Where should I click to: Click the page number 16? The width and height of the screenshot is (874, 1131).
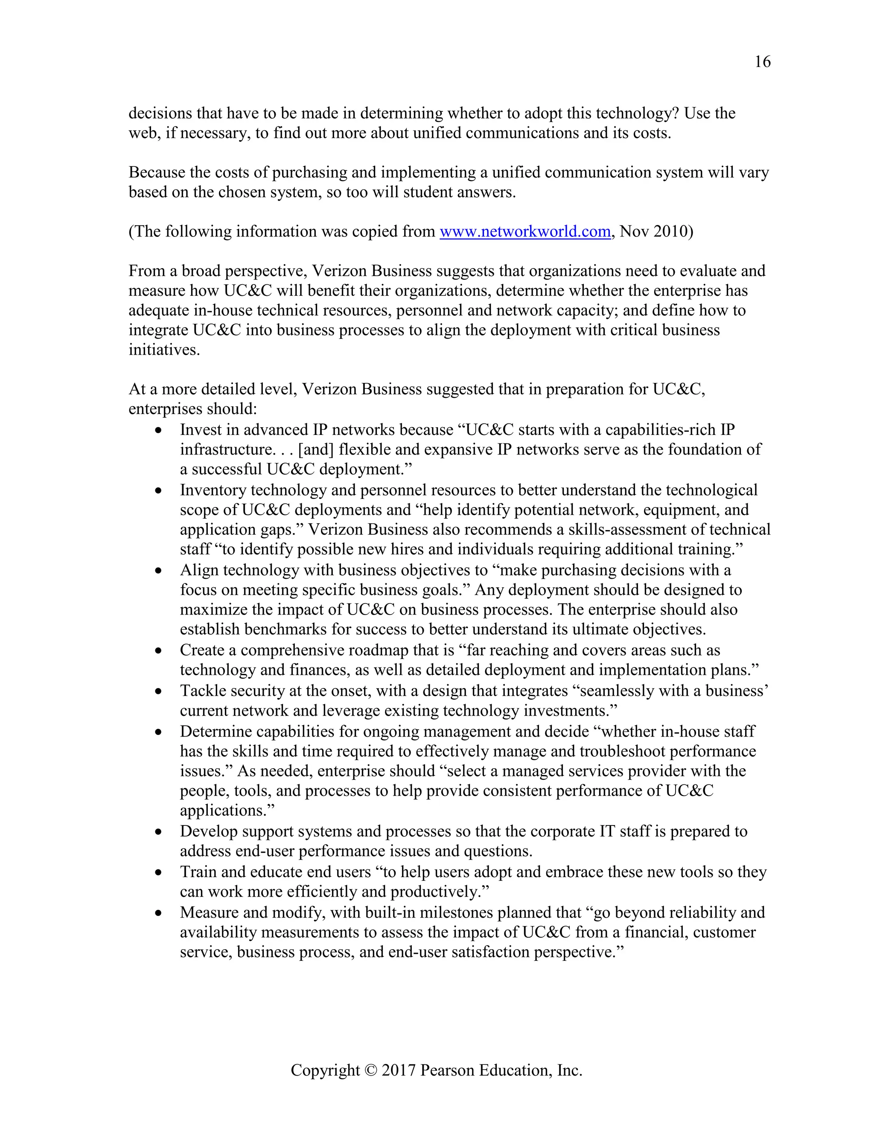[x=762, y=61]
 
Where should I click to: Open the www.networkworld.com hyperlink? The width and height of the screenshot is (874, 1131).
[x=524, y=231]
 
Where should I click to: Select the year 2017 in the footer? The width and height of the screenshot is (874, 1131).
[x=399, y=1070]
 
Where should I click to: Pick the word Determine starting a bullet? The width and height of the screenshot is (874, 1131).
[x=216, y=732]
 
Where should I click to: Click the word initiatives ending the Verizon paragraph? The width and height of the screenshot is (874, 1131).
[x=163, y=350]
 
